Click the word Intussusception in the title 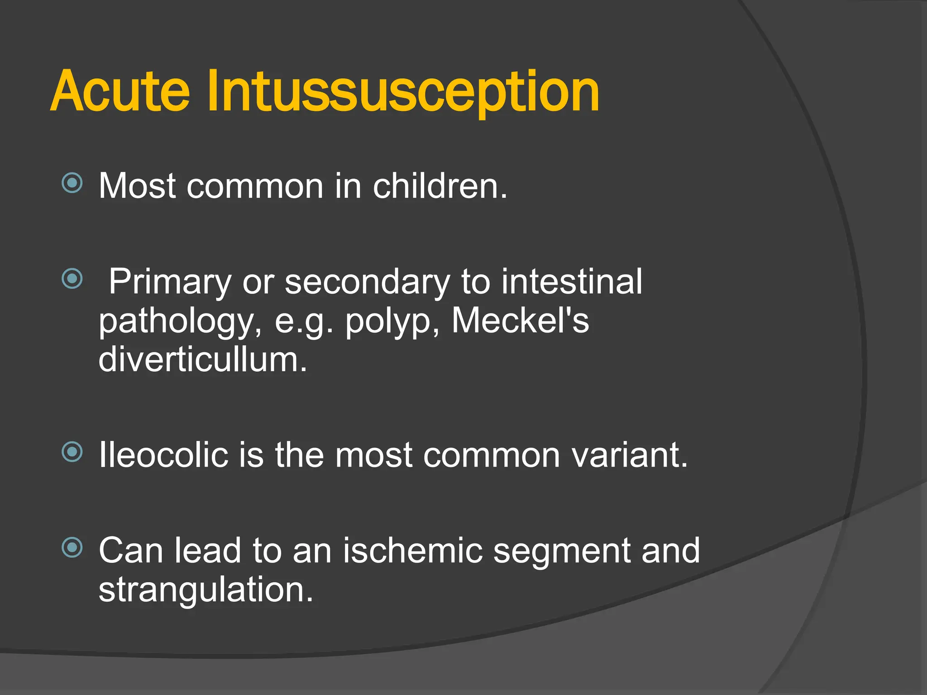click(403, 93)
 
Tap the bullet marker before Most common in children click(72, 183)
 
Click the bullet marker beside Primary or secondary click(72, 279)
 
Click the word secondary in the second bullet click(367, 282)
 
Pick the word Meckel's click(520, 320)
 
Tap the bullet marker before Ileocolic click(72, 452)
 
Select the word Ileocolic click(163, 455)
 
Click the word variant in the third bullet click(629, 455)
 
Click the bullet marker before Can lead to click(72, 548)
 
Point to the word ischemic click(412, 551)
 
